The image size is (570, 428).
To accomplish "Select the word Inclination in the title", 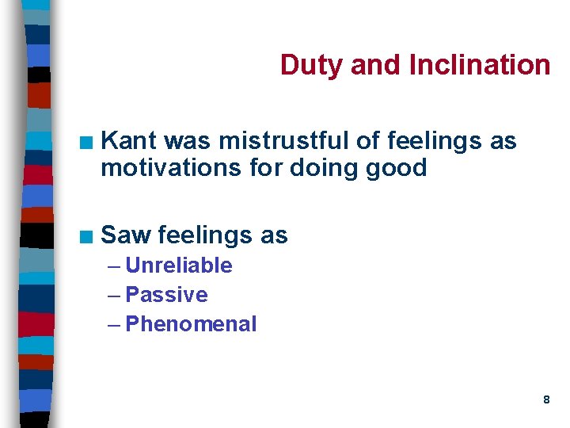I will [480, 65].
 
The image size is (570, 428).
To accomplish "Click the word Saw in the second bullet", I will [127, 235].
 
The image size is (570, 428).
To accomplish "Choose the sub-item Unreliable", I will [179, 266].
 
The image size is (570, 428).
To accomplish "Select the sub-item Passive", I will [167, 295].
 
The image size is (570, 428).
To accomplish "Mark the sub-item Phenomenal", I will [192, 324].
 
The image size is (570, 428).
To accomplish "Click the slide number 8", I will [546, 400].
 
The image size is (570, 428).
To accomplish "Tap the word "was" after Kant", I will [188, 141].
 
